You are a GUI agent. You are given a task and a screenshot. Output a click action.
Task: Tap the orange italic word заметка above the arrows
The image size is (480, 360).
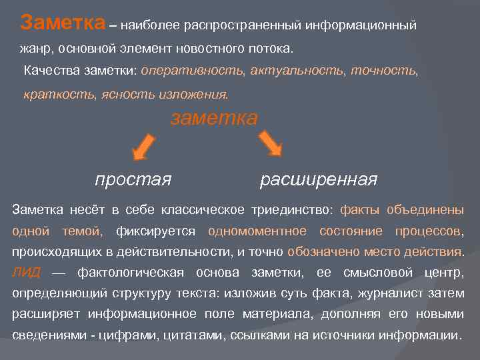pos(214,118)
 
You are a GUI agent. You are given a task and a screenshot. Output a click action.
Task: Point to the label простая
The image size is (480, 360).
pos(133,179)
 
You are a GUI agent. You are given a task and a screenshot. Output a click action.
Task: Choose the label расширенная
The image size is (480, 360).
pos(319,179)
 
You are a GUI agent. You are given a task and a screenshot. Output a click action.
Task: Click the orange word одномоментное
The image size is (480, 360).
pos(257,231)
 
